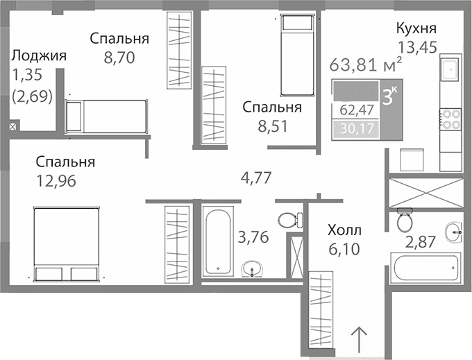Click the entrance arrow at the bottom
click(359, 340)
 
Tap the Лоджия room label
click(39, 56)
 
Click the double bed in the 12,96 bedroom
click(67, 243)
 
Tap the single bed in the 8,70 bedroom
click(106, 115)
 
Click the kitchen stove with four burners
click(451, 119)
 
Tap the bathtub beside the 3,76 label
click(219, 239)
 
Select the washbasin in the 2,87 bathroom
click(453, 232)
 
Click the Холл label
click(344, 230)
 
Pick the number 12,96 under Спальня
click(55, 181)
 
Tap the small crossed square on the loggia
click(12, 126)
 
